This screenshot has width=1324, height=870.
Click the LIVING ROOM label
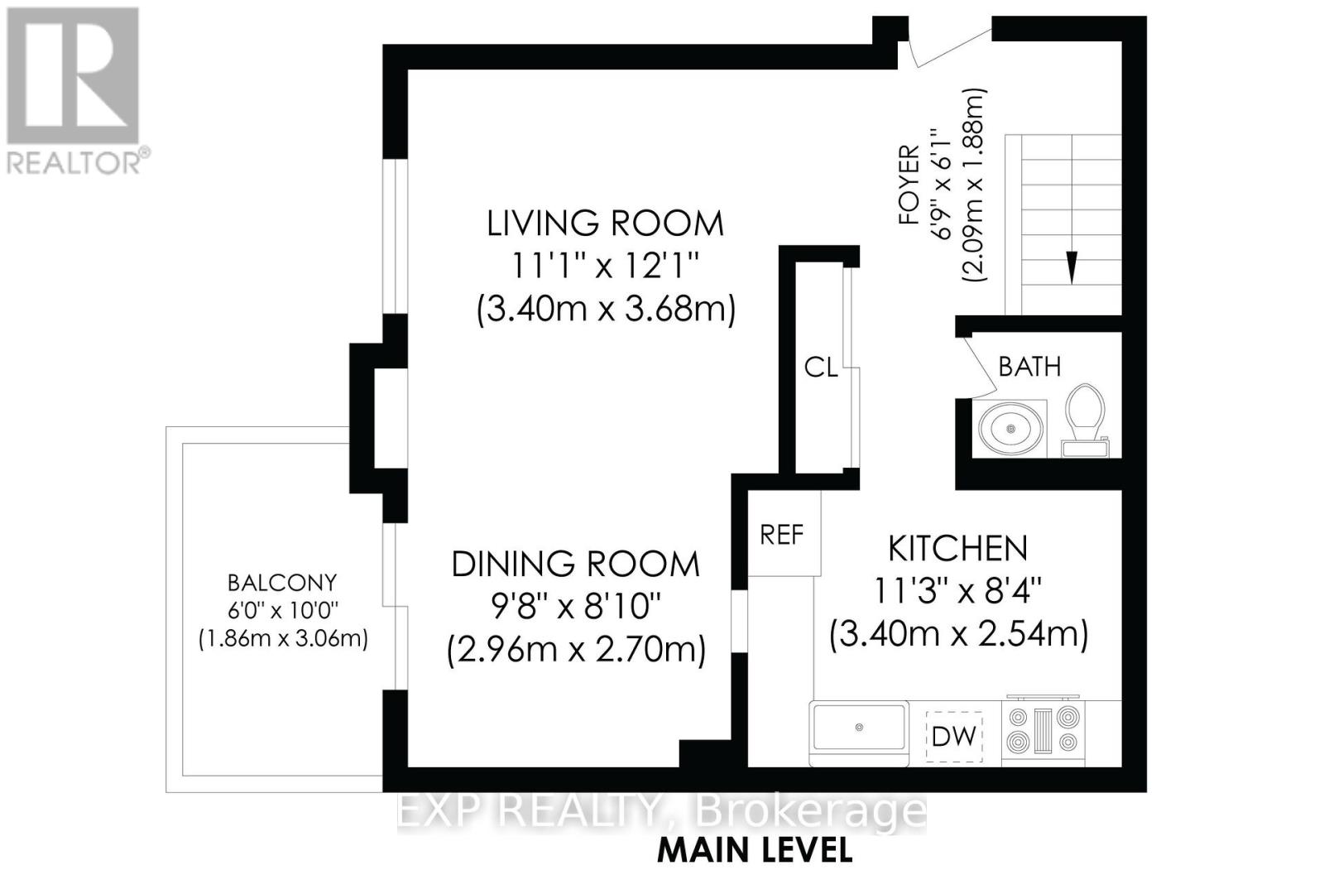[605, 224]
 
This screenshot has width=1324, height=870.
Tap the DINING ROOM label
[576, 565]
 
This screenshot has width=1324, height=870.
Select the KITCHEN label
[958, 549]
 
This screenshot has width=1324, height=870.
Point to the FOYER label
[909, 185]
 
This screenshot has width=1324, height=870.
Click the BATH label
[1029, 367]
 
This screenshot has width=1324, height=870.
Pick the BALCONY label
[282, 583]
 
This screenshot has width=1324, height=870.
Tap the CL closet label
[821, 368]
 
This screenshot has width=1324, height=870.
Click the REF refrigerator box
[784, 533]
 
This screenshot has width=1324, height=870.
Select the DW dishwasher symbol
[954, 737]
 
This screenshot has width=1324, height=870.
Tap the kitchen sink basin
[860, 728]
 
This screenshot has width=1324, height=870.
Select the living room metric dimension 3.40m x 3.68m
[606, 310]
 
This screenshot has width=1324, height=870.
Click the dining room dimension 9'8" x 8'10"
[576, 607]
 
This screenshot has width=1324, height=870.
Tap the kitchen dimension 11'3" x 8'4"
[957, 591]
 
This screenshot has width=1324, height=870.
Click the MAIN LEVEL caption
[756, 850]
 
